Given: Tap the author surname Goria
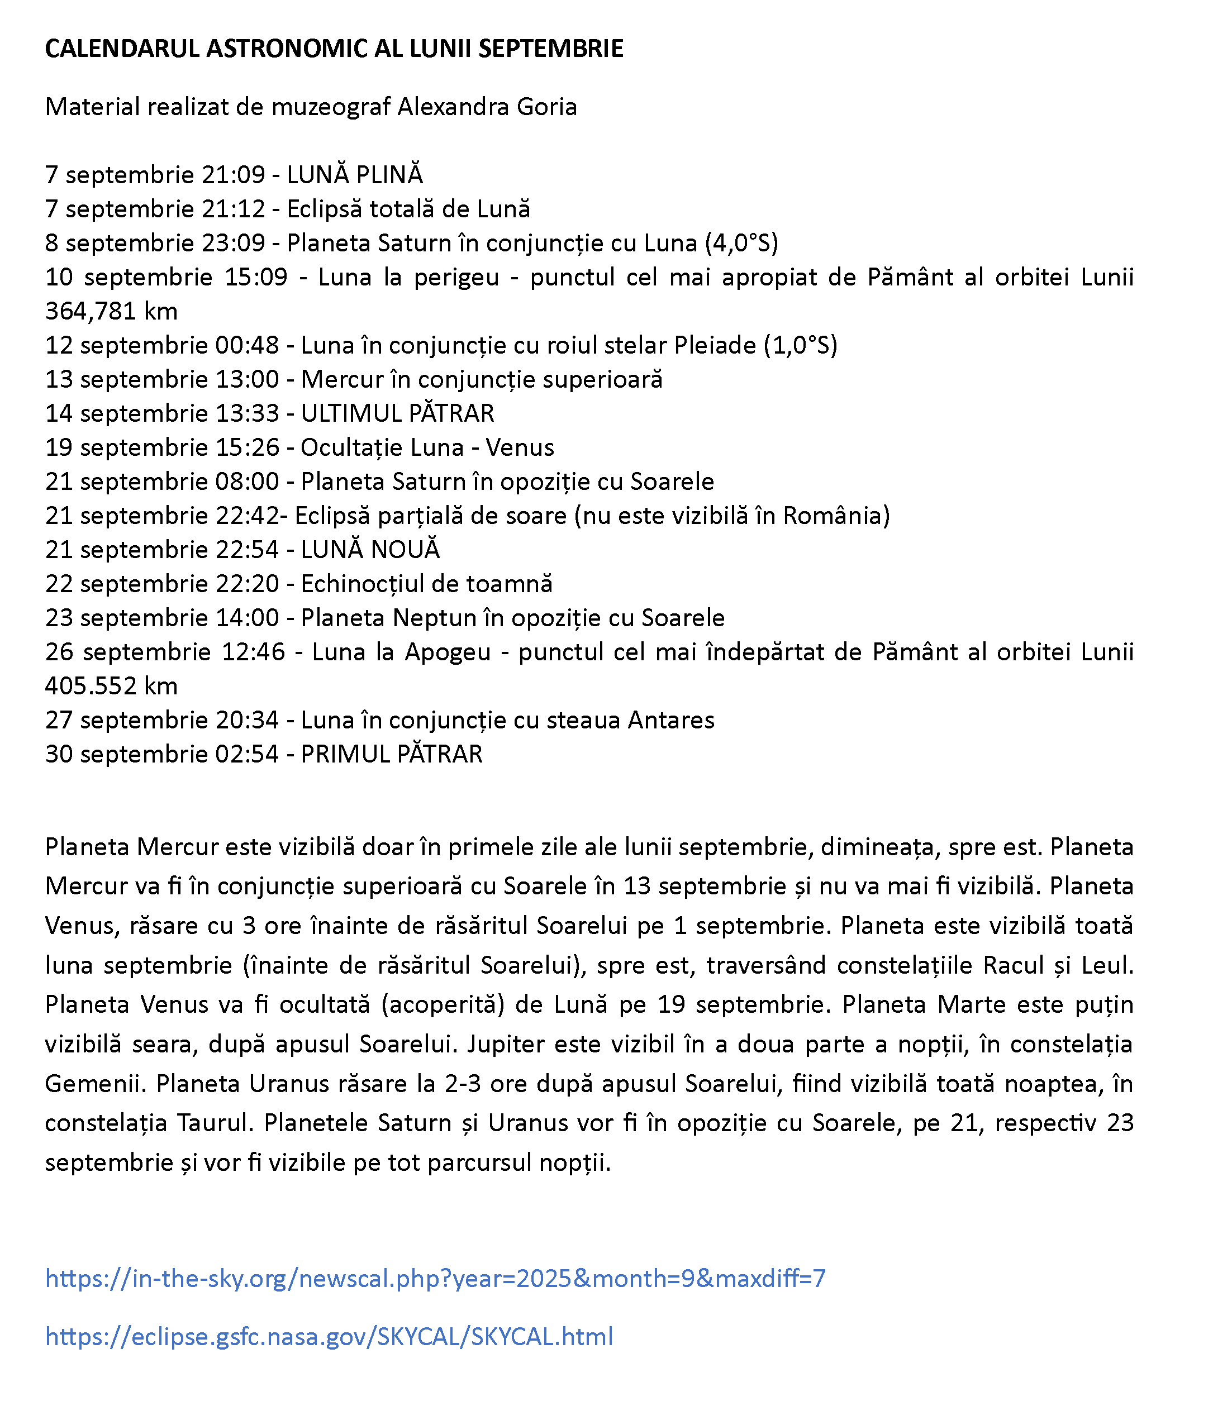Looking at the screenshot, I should (x=546, y=107).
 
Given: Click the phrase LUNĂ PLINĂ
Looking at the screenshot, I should (x=355, y=175).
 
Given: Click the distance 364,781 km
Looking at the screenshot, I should (x=112, y=311).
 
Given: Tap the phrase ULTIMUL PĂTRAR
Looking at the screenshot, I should (x=397, y=413).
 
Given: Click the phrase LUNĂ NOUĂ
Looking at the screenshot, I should (x=370, y=550).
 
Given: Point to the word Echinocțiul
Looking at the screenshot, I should (x=364, y=583).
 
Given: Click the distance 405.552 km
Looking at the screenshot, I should (x=112, y=687).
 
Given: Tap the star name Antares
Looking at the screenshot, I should (x=671, y=720).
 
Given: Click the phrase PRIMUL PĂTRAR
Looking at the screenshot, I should (x=391, y=754).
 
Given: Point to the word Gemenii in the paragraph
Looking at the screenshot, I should (x=95, y=1084).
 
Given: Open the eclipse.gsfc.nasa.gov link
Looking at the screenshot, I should (x=329, y=1337).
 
